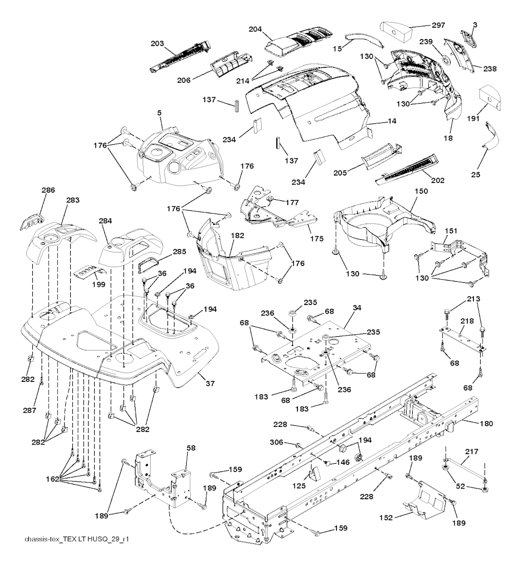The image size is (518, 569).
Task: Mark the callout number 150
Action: (421, 192)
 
